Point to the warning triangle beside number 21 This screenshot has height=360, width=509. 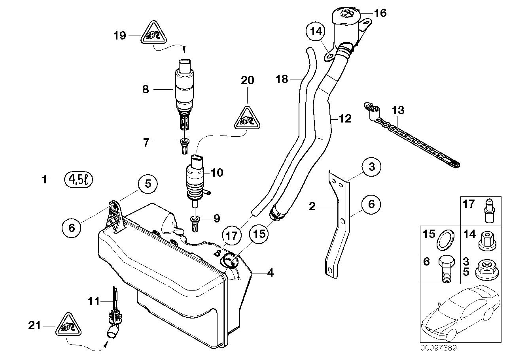(70, 326)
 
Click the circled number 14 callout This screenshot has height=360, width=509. (316, 31)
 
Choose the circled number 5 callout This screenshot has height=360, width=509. (147, 184)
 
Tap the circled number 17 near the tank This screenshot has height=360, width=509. (231, 236)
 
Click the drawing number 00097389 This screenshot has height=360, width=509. (438, 348)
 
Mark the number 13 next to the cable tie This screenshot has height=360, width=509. (398, 110)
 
